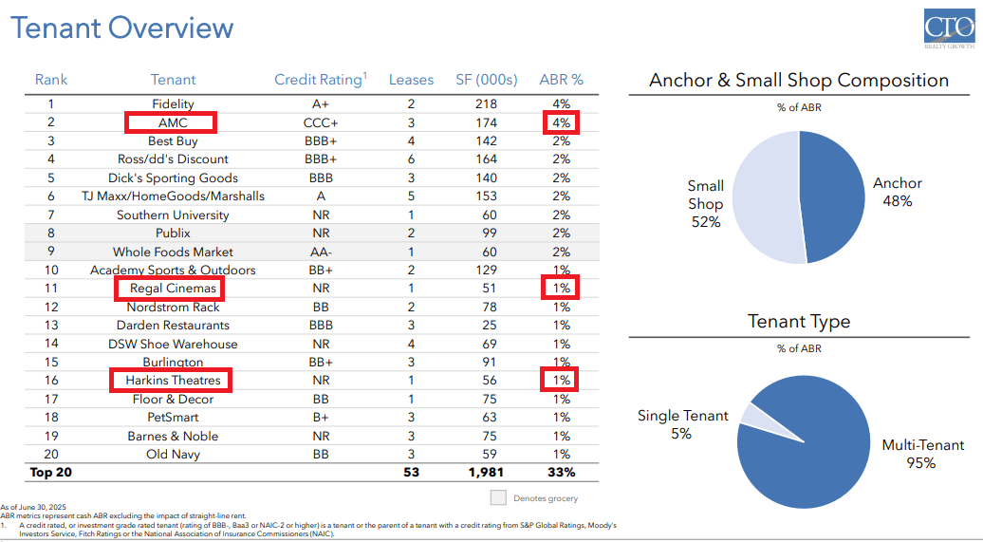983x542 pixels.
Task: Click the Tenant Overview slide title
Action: [x=122, y=28]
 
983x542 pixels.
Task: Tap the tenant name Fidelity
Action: [x=173, y=103]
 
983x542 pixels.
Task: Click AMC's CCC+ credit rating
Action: [x=321, y=122]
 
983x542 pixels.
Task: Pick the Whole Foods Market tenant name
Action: [x=173, y=252]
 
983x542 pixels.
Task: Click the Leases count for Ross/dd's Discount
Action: [x=411, y=159]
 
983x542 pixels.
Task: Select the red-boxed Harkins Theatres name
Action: [x=173, y=381]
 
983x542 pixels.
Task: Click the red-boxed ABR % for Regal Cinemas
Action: [x=561, y=289]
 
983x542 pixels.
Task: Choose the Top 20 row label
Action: [x=51, y=472]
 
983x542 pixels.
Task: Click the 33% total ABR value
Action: [x=561, y=472]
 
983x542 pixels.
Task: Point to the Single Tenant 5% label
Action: [x=683, y=424]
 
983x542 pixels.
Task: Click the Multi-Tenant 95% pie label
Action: [x=921, y=454]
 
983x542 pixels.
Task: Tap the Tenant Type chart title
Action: [x=799, y=322]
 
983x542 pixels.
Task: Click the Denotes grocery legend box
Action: [x=498, y=497]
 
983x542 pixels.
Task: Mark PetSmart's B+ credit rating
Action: [x=321, y=417]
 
